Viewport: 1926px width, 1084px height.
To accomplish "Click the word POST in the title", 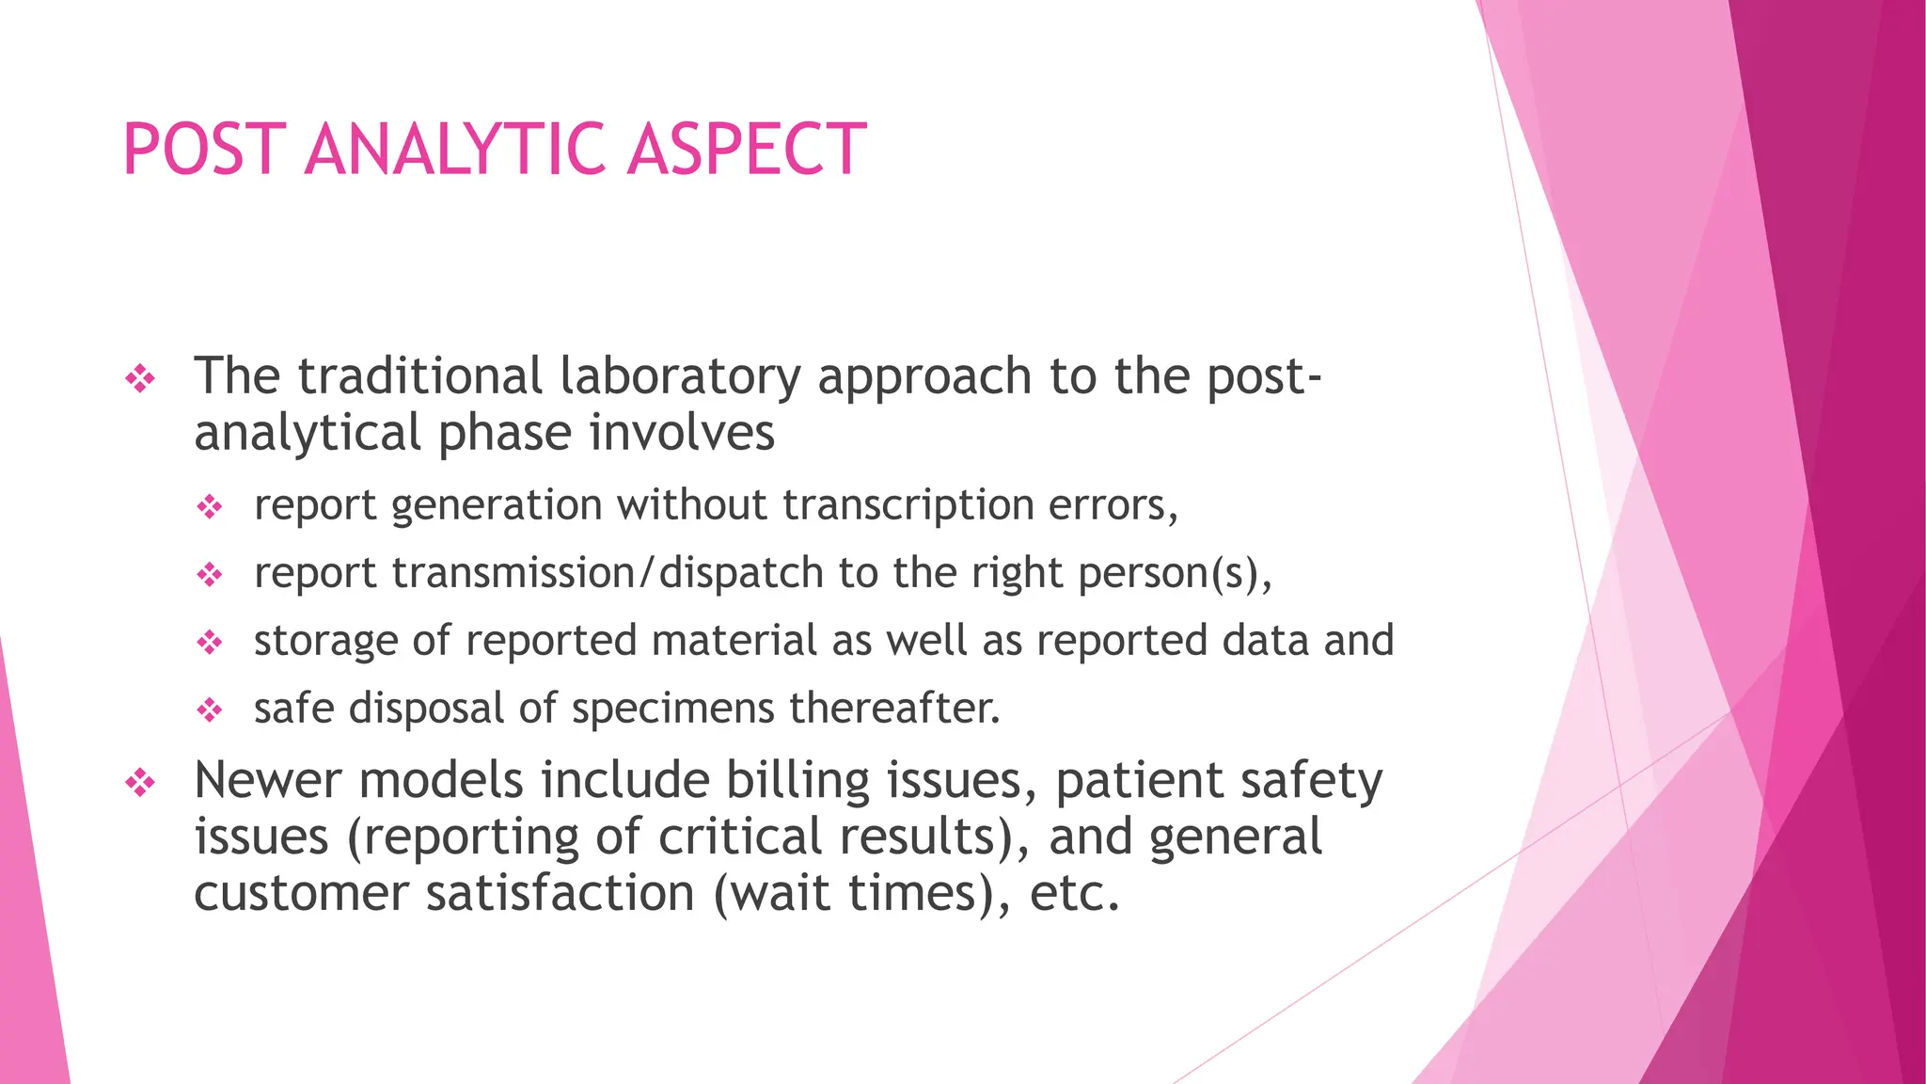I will (x=204, y=151).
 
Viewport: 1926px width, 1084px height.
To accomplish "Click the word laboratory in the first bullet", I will (x=680, y=377).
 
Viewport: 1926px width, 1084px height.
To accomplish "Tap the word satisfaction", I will (x=560, y=893).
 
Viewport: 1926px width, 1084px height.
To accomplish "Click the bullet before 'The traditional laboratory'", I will (x=140, y=379).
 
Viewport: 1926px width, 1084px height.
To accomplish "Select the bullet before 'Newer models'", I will (x=140, y=783).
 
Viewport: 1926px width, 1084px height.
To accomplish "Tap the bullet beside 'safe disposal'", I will (x=210, y=709).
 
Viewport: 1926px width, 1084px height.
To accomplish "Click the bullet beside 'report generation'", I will (x=210, y=508).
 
